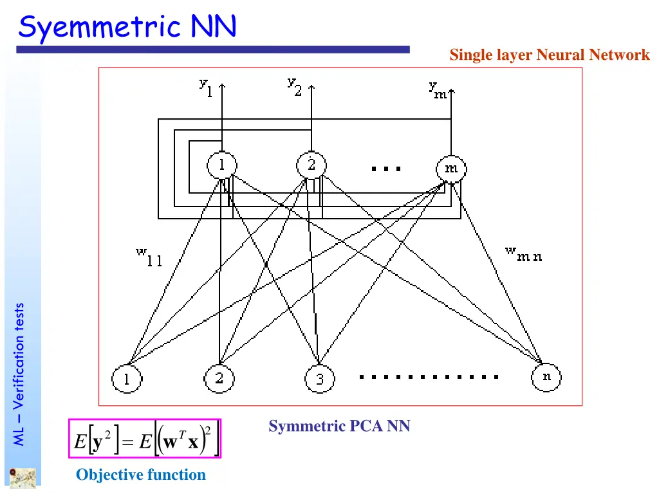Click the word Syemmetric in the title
tap(100, 28)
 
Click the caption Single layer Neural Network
tap(550, 55)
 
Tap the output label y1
tap(205, 86)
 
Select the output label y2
tap(294, 86)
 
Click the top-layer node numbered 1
tap(221, 166)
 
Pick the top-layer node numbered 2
tap(311, 166)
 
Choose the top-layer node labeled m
tap(452, 169)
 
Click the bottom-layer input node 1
tap(127, 379)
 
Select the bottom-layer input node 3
tap(319, 380)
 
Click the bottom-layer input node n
tap(546, 378)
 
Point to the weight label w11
tap(149, 257)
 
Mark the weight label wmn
tap(523, 255)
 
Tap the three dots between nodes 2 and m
tap(386, 169)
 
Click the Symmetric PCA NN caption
tap(339, 426)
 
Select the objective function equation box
tap(145, 439)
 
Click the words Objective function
tap(141, 475)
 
